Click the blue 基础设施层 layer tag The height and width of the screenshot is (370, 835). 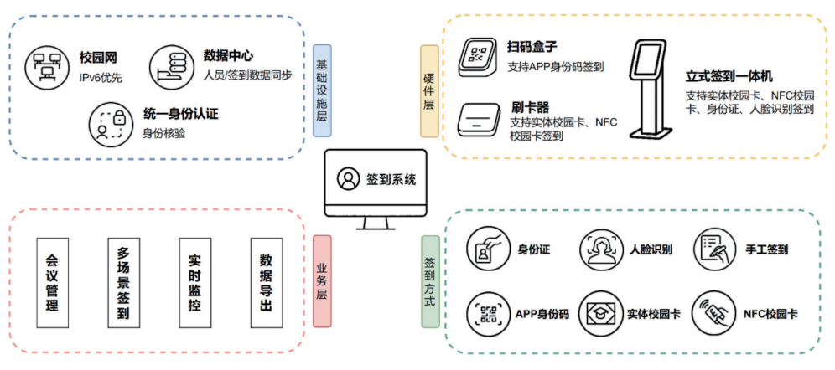(322, 91)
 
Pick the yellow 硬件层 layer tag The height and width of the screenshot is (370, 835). (428, 91)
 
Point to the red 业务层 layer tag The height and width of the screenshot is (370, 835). (322, 280)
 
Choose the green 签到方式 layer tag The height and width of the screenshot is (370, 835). (428, 280)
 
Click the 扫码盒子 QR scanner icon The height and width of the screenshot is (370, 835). (479, 58)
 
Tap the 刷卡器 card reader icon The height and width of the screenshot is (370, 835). (479, 118)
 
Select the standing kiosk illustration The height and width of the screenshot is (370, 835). (649, 84)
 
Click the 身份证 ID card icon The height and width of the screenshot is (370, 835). (488, 249)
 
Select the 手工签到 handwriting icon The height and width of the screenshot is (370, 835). (714, 249)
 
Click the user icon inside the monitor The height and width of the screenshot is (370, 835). (347, 178)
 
